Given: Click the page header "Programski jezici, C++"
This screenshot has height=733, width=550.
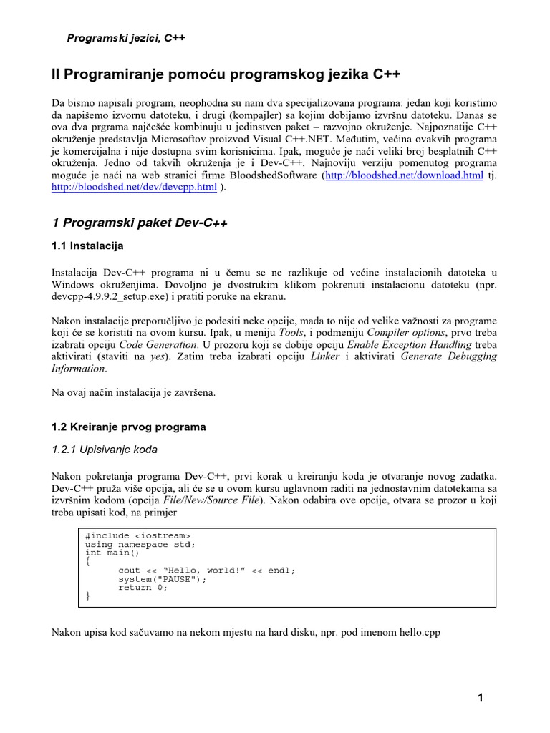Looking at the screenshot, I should coord(126,38).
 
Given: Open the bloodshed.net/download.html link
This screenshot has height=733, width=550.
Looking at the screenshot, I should coord(403,175).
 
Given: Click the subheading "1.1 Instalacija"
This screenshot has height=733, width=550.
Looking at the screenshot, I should coord(88,246).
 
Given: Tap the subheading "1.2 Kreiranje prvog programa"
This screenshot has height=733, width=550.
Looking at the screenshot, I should coord(129,427).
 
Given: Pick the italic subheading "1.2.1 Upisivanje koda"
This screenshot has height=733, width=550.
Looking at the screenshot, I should coord(105,450).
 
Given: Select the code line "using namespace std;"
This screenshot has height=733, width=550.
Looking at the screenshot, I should coord(140,544).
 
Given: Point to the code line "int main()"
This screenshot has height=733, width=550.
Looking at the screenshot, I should coord(113,553).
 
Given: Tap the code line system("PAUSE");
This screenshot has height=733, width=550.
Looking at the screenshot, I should coord(157,579).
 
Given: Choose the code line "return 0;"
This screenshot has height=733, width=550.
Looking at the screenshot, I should coord(143,588).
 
